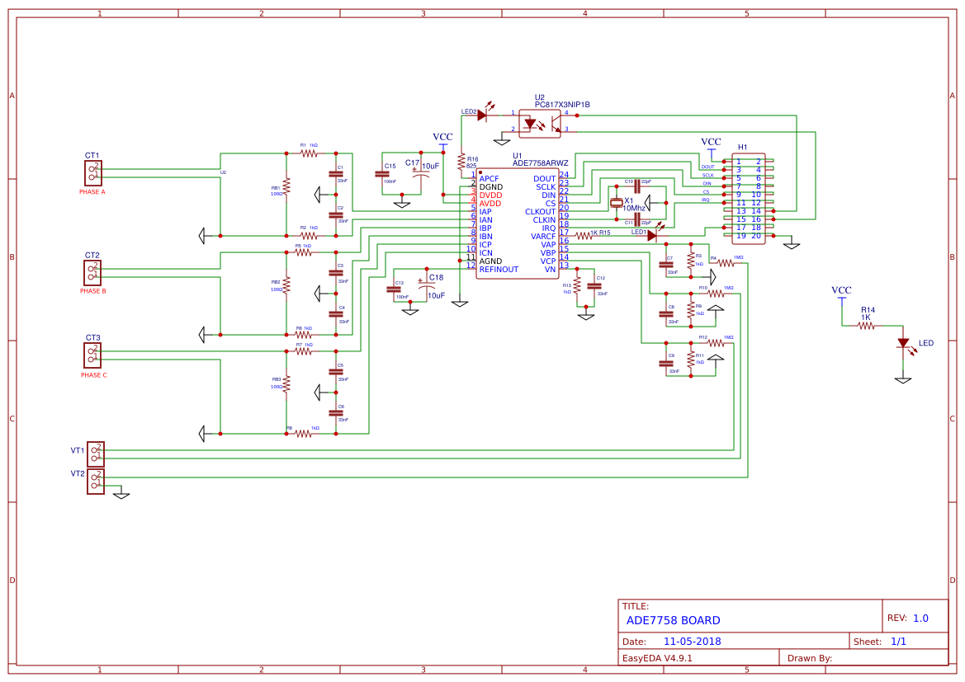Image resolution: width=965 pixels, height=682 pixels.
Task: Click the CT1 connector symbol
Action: (92, 172)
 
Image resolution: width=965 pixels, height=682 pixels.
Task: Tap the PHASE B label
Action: (92, 291)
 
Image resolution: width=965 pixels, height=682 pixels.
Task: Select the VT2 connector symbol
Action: (96, 481)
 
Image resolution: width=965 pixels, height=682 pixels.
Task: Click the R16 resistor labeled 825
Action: (461, 162)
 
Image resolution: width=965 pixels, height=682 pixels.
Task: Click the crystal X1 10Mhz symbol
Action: (616, 203)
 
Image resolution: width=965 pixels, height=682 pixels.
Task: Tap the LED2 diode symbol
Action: (483, 115)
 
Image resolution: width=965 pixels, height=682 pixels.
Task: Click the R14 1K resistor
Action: (865, 326)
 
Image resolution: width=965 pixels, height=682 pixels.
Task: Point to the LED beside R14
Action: (903, 343)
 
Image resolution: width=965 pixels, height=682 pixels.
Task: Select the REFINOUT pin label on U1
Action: (499, 270)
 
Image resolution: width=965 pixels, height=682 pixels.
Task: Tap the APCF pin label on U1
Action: (489, 179)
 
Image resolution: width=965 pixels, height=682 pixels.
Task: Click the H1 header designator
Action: (742, 147)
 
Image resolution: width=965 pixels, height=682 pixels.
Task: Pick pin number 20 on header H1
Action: (756, 236)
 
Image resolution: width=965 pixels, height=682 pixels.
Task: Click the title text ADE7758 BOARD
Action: (673, 620)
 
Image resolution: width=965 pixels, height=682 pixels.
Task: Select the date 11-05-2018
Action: (693, 641)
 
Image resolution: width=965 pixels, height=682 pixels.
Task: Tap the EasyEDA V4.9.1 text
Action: (657, 658)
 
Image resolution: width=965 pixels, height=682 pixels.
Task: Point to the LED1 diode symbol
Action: (651, 236)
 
